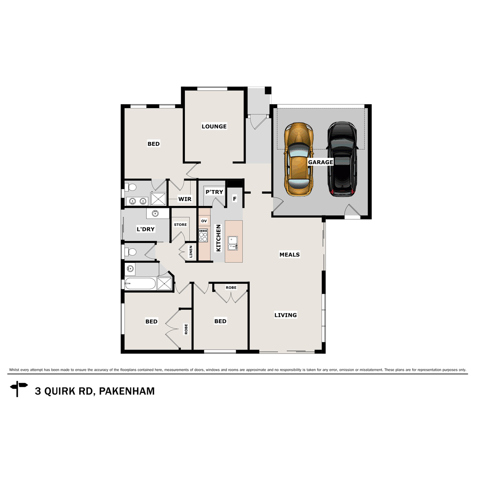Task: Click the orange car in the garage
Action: [299, 159]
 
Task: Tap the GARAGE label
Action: [320, 162]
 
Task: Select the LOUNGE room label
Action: [214, 126]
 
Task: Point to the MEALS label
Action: [289, 254]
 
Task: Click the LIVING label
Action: [285, 315]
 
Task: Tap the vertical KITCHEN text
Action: [218, 238]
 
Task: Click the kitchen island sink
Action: [233, 243]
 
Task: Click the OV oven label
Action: [204, 221]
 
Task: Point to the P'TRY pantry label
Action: [214, 192]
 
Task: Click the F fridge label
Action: [235, 199]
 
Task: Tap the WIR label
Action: [185, 199]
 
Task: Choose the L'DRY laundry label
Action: [145, 229]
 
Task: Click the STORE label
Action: [180, 225]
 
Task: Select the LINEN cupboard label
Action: [191, 252]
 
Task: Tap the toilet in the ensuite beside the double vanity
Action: [131, 187]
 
